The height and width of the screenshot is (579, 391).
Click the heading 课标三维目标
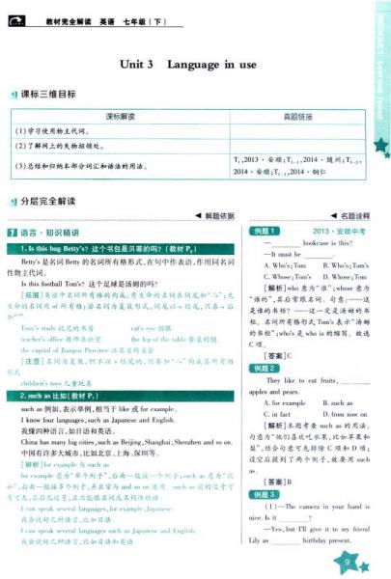[x=51, y=94]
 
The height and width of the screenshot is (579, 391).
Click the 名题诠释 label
[x=354, y=216]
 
